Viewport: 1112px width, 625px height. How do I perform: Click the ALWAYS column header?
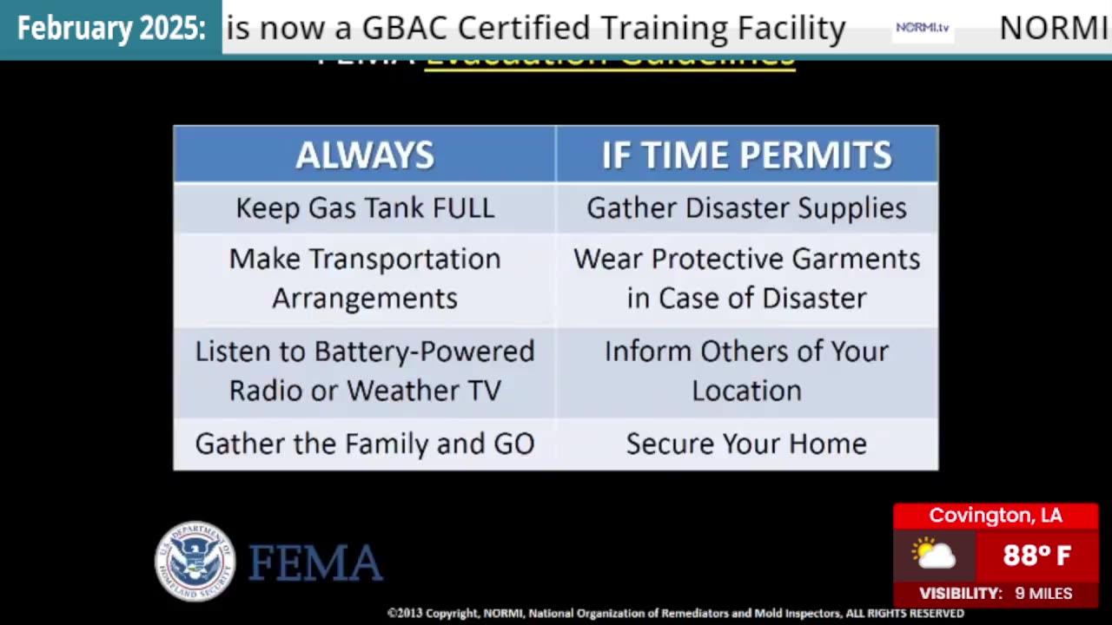click(x=365, y=155)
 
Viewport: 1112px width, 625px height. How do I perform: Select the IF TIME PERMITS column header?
click(x=746, y=155)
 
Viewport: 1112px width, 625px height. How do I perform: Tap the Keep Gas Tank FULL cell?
click(x=365, y=208)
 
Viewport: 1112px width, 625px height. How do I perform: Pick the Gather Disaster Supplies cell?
click(x=746, y=208)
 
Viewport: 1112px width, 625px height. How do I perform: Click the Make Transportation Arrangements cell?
click(x=365, y=278)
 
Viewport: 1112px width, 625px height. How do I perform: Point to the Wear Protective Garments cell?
click(x=746, y=278)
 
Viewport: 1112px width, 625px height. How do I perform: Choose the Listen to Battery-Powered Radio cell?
click(x=365, y=371)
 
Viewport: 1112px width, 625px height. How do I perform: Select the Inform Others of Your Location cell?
click(x=746, y=371)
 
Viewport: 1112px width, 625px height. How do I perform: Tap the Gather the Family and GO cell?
click(x=365, y=444)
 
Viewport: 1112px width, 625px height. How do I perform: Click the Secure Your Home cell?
click(x=746, y=444)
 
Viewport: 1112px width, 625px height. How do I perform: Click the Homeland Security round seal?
click(x=195, y=561)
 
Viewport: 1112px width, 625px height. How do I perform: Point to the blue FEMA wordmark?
click(x=315, y=562)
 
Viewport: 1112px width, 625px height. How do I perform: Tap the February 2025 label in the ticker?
click(x=111, y=29)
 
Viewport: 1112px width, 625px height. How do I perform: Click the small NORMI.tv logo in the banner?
click(x=923, y=28)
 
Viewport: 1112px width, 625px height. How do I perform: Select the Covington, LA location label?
click(x=996, y=516)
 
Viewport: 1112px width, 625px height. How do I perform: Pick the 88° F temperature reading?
click(x=1037, y=555)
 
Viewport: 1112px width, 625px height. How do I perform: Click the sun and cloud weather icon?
click(x=934, y=554)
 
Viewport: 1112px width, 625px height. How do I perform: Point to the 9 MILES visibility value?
click(x=1043, y=594)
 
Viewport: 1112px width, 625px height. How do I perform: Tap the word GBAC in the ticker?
click(x=406, y=29)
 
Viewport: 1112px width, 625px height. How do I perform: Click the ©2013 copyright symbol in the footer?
click(x=392, y=614)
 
